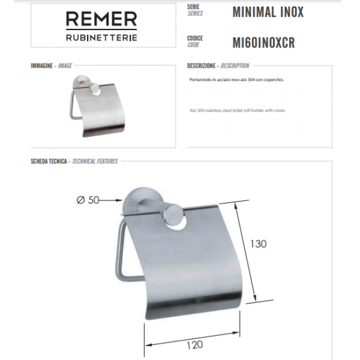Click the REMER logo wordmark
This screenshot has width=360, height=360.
tap(101, 20)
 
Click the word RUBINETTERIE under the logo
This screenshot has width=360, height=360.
tap(101, 37)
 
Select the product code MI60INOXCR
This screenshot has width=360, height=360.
tap(263, 43)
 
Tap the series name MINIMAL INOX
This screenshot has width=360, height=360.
tap(268, 12)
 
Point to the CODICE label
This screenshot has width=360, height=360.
tap(194, 38)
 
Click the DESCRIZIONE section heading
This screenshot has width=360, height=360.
tap(202, 65)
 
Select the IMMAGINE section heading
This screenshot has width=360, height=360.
tap(41, 65)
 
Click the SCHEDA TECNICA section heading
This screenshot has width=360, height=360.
tap(49, 161)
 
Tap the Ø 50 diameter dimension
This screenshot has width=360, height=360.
tap(88, 201)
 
